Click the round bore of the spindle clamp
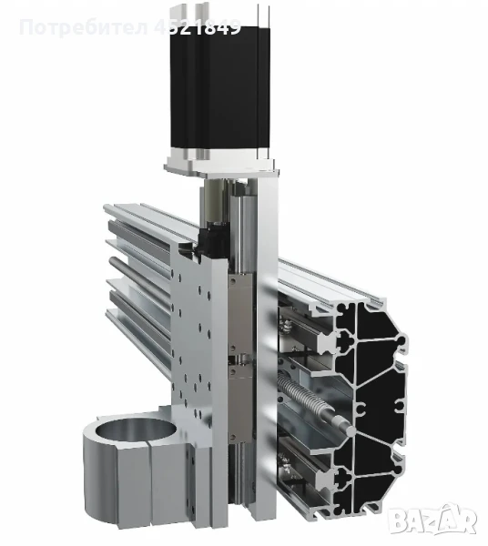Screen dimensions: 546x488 tap(127, 430)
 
